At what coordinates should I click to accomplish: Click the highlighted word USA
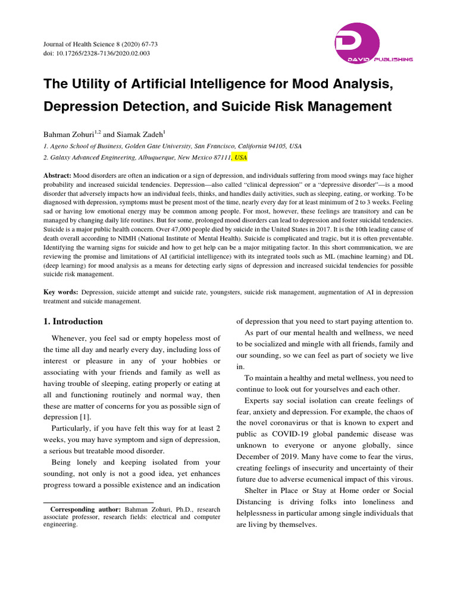coord(240,158)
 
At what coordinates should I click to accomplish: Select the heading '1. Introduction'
coord(73,322)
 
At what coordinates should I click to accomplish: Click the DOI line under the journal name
coord(96,54)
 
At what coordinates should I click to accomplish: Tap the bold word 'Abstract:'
coord(58,176)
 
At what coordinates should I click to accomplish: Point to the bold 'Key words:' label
coord(61,293)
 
